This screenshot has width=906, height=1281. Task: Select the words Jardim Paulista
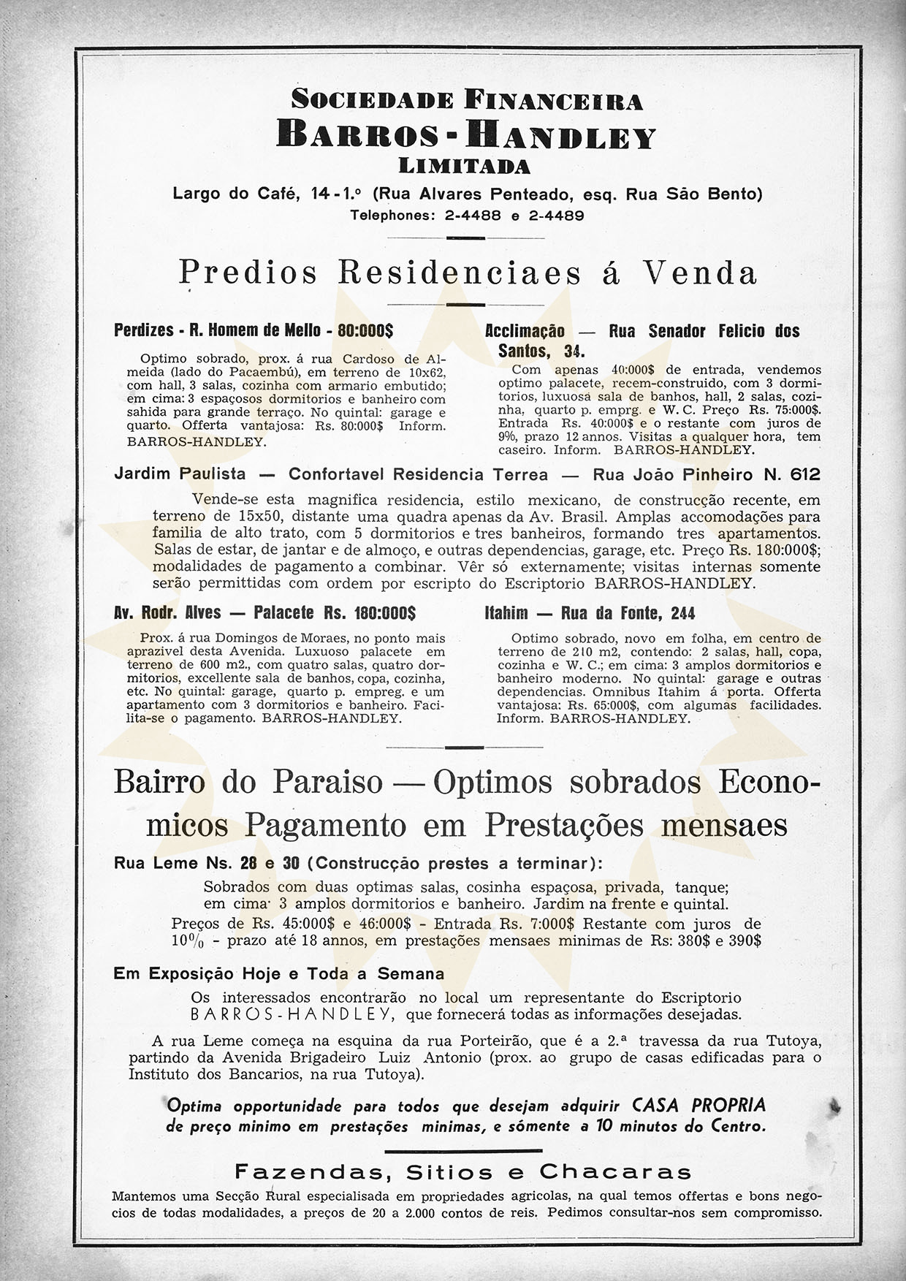[180, 474]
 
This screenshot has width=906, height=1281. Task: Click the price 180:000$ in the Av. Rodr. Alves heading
[374, 612]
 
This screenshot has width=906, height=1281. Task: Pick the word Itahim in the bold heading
[506, 612]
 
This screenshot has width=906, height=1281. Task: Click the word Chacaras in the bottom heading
[615, 1172]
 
